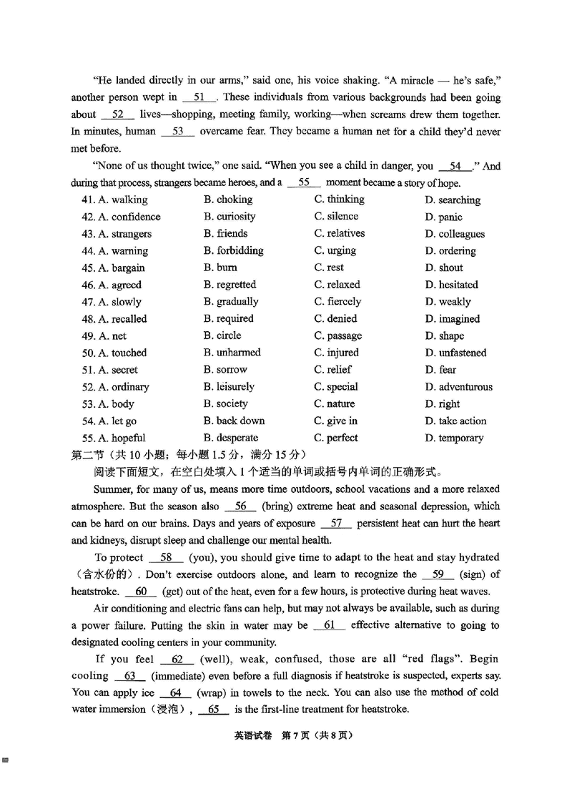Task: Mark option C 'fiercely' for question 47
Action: pos(337,302)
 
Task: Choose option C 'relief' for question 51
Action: pos(332,370)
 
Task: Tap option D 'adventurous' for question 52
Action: pos(458,387)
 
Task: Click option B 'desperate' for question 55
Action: pos(230,438)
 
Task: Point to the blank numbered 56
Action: pos(240,506)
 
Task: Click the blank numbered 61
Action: pos(330,625)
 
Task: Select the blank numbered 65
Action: pos(214,710)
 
